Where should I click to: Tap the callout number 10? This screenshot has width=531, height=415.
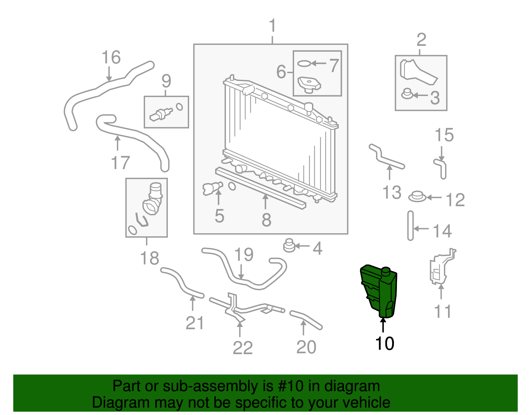click(x=384, y=344)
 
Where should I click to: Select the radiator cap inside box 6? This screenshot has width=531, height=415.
click(x=309, y=84)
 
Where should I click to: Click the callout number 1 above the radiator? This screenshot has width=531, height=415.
click(x=272, y=26)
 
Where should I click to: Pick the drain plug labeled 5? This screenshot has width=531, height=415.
click(x=212, y=188)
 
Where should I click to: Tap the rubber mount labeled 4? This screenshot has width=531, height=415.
click(x=289, y=246)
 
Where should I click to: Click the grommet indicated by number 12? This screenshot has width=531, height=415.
click(x=417, y=197)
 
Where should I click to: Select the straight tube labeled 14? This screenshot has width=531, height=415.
click(x=411, y=226)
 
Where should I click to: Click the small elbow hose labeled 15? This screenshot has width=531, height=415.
click(x=441, y=167)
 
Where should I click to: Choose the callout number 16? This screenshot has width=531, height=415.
click(x=111, y=57)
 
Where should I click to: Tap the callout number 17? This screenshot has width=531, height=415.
click(x=120, y=163)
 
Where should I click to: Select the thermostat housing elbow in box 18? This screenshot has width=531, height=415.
click(x=153, y=199)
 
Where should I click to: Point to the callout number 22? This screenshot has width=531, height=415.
click(x=243, y=348)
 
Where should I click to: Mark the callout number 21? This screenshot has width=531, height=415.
click(x=194, y=323)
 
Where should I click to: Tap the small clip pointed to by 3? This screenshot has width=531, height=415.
click(x=407, y=94)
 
